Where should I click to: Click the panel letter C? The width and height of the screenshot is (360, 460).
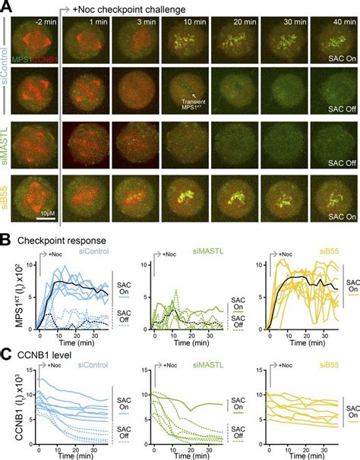(x=5, y=354)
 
